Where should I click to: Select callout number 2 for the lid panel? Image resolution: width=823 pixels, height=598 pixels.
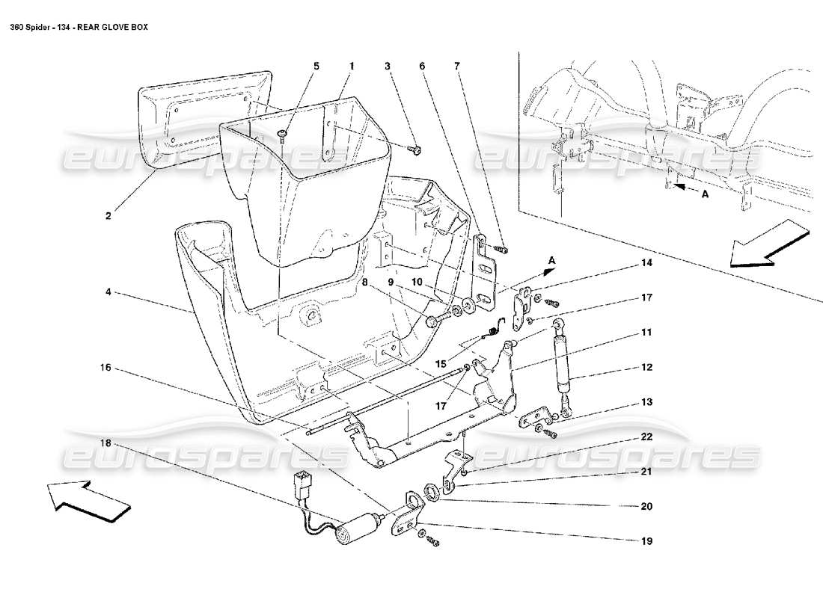point(108,216)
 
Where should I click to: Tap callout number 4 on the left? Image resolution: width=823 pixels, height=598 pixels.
point(109,294)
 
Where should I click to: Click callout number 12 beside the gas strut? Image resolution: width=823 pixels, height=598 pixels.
point(646,367)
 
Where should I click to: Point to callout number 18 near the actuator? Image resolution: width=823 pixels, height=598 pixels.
point(109,443)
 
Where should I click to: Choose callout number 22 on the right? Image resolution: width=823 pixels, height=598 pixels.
point(646,437)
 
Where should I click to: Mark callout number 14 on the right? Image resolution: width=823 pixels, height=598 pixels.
point(646,263)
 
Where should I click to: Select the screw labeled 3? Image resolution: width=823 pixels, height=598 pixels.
point(414,150)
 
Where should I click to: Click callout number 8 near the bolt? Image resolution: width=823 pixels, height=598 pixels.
point(364,283)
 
